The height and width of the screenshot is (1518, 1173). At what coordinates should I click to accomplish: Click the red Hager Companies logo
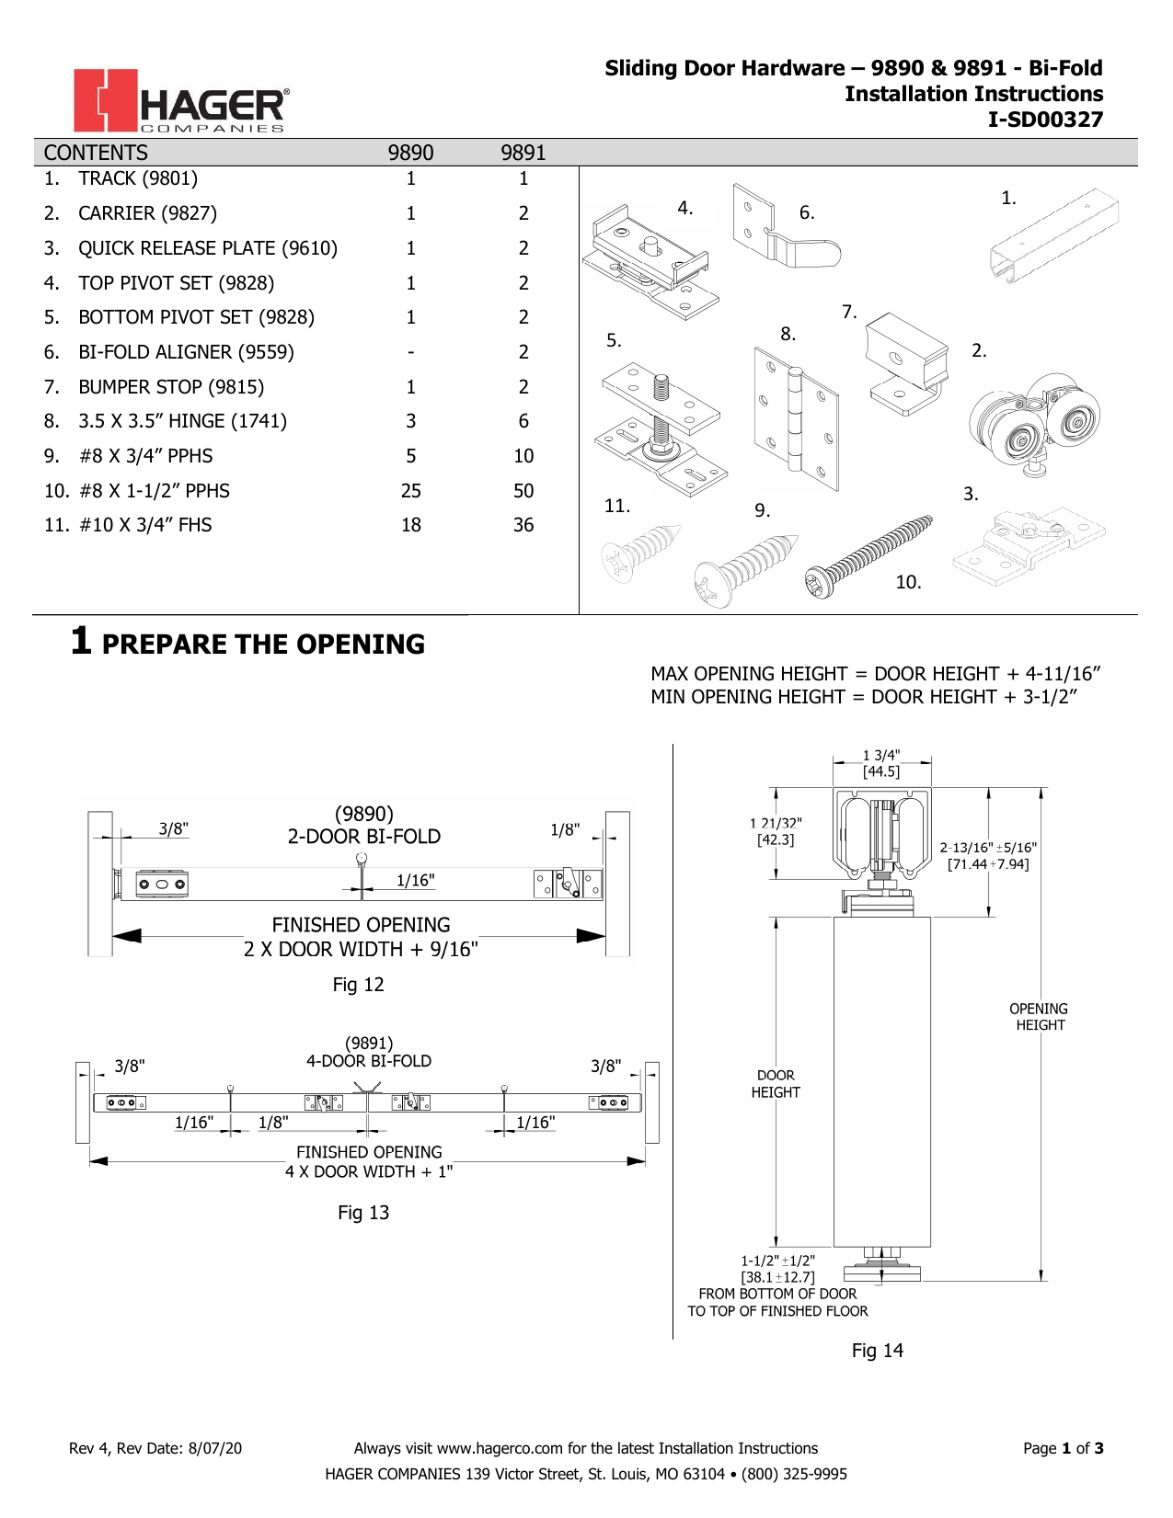click(x=181, y=101)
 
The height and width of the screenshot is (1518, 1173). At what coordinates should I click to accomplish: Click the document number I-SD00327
click(x=1045, y=120)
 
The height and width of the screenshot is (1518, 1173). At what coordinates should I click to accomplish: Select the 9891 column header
click(x=523, y=153)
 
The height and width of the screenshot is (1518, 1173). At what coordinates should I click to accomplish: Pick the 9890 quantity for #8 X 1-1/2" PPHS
click(x=410, y=491)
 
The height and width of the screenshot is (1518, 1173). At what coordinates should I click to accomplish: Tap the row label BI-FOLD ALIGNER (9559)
click(x=186, y=352)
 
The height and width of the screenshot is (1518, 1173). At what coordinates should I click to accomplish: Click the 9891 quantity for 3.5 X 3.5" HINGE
click(x=523, y=421)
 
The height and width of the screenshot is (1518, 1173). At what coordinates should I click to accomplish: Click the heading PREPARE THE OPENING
click(x=263, y=644)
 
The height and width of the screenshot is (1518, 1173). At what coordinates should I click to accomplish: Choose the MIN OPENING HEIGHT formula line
click(x=863, y=697)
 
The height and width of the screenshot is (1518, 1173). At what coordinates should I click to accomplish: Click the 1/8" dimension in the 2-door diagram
click(x=565, y=830)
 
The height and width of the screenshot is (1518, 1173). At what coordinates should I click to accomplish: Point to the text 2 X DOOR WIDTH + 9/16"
click(x=361, y=949)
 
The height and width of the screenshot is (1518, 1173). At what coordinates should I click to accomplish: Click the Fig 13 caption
click(x=363, y=1213)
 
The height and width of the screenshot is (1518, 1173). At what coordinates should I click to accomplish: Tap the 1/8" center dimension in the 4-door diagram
click(x=273, y=1123)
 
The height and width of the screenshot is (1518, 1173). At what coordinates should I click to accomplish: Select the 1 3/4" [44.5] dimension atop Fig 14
click(x=881, y=763)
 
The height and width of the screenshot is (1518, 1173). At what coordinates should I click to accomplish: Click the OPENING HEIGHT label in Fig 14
click(x=1039, y=1017)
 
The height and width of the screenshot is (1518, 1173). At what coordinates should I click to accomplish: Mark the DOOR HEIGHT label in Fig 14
click(x=776, y=1084)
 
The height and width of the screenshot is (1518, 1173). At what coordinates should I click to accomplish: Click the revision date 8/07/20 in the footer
click(x=214, y=1448)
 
